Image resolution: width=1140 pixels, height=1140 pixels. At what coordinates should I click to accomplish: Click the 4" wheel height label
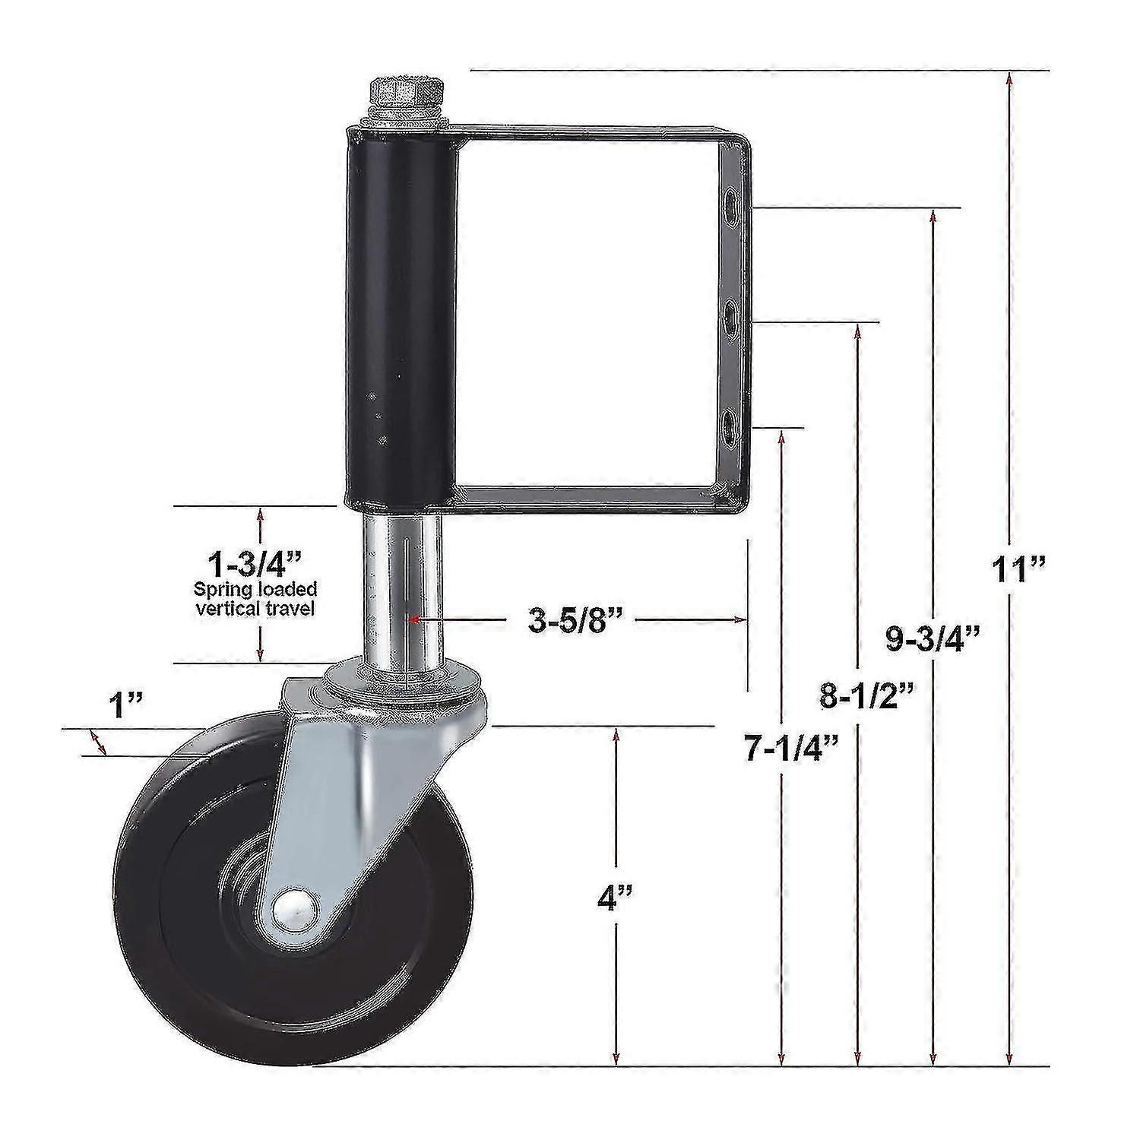click(615, 899)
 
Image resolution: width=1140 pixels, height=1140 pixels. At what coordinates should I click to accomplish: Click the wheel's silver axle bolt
click(291, 910)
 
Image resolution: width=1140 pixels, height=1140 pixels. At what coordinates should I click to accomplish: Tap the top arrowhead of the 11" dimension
click(1009, 78)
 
